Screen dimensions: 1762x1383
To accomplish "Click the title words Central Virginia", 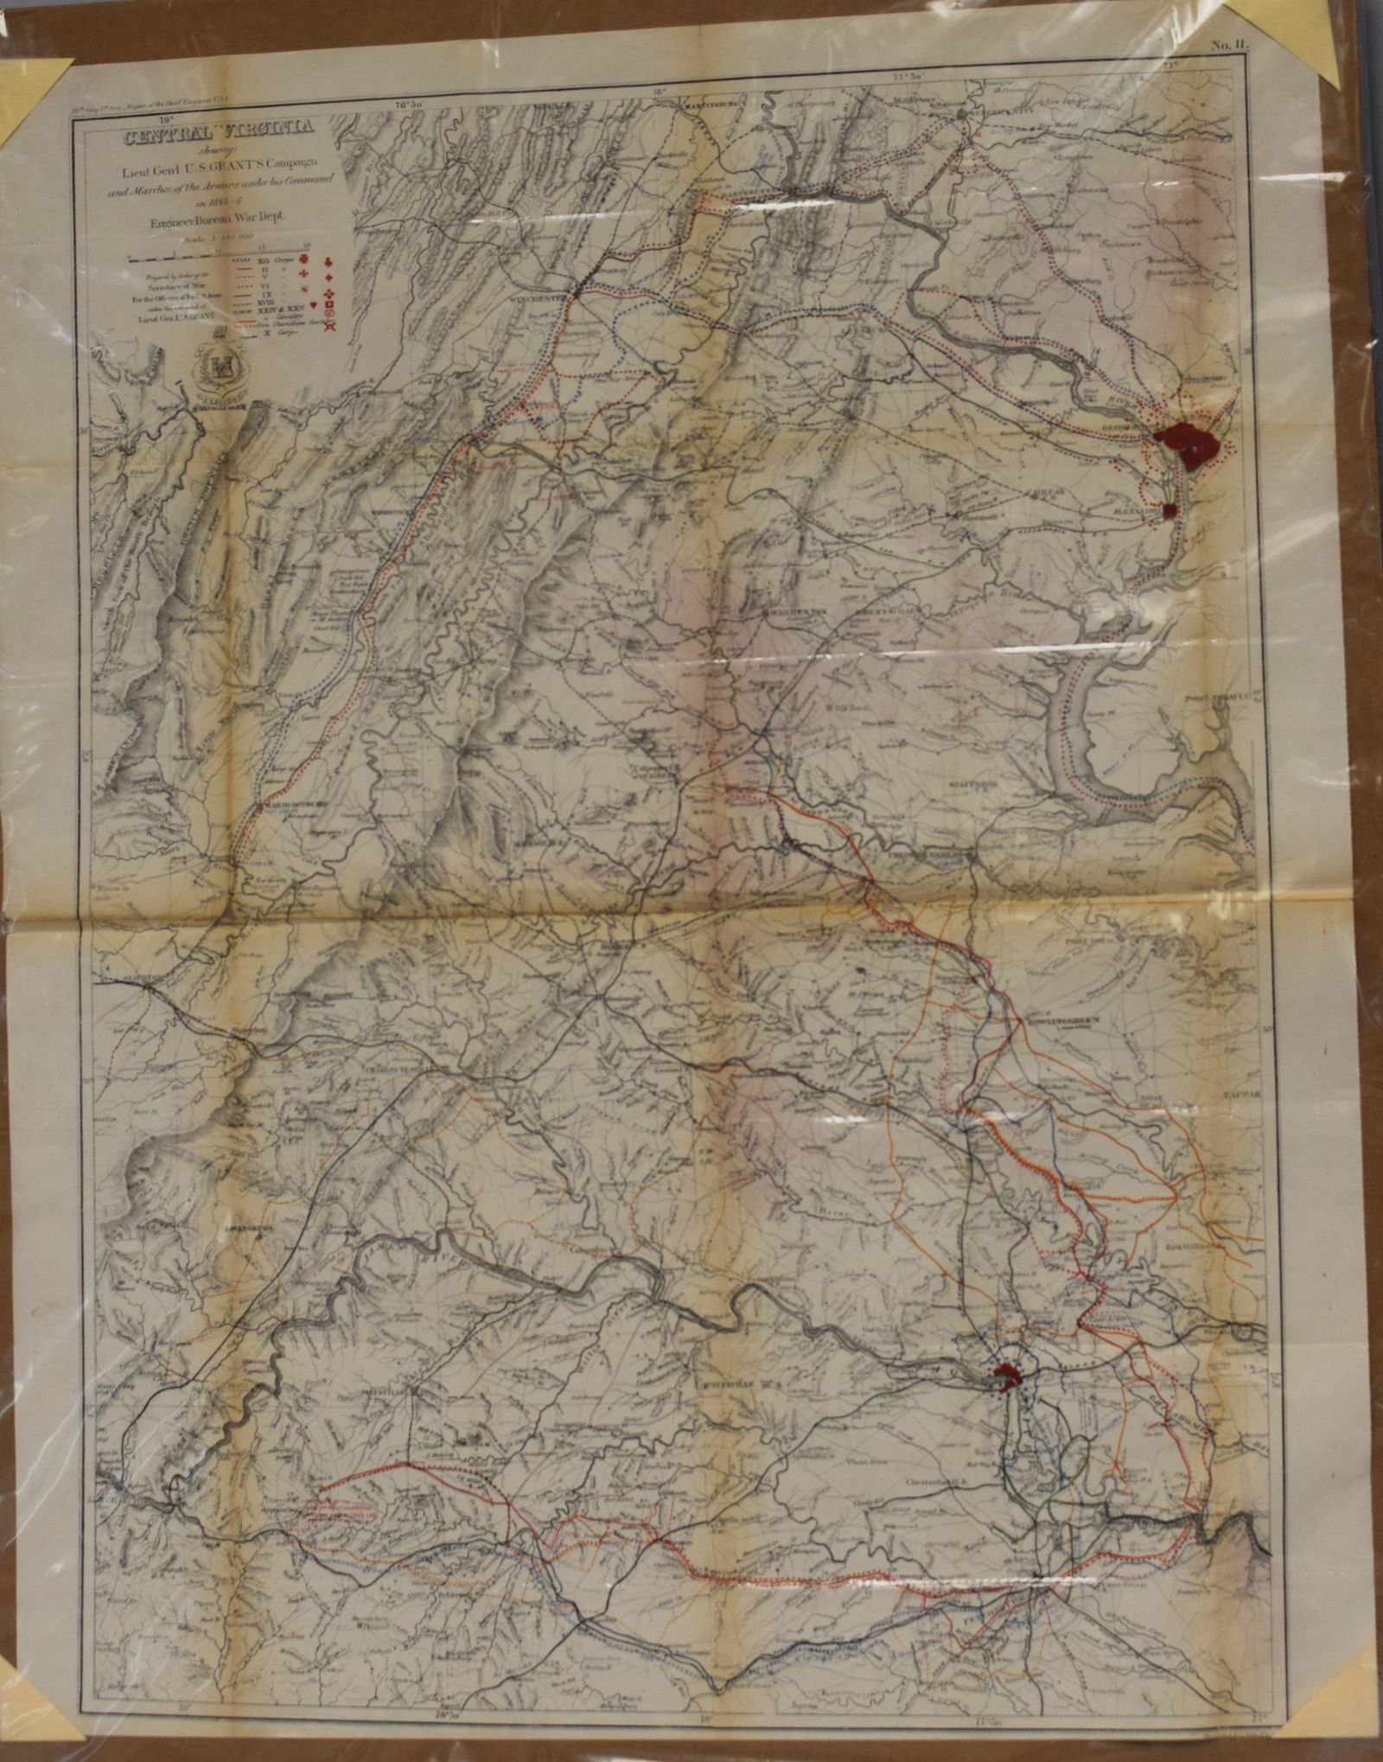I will tap(220, 135).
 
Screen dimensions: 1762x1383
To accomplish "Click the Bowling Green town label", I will tap(1067, 1021).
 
